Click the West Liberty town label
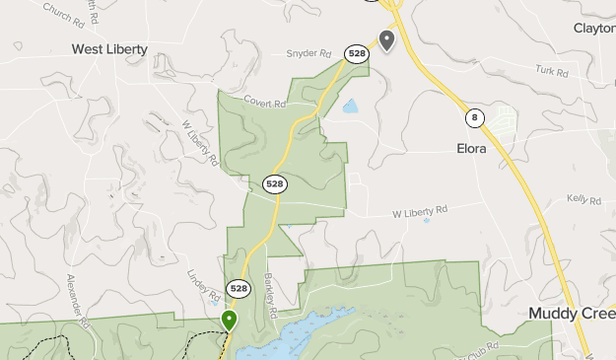[x=109, y=48]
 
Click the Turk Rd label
[x=552, y=72]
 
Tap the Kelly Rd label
[x=583, y=199]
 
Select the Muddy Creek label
[x=571, y=314]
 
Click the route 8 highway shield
[x=476, y=118]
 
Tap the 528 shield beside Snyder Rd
[x=356, y=53]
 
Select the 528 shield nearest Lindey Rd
[x=239, y=289]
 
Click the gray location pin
[x=387, y=40]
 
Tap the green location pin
[x=229, y=321]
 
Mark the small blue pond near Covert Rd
[x=350, y=106]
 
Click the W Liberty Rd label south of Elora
[x=420, y=211]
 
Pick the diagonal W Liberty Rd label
[x=200, y=143]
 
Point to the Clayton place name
[x=594, y=29]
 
